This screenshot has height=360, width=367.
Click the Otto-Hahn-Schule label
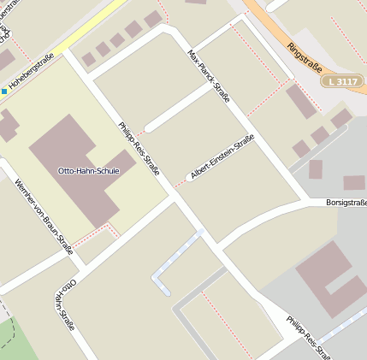[x=88, y=171]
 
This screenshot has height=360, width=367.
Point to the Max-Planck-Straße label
[x=208, y=75]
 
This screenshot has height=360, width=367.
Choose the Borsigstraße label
[x=346, y=203]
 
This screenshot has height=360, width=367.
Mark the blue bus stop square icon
[x=3, y=91]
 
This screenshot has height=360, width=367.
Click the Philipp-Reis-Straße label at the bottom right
[x=309, y=337]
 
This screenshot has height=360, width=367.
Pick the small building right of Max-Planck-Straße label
[x=300, y=101]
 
